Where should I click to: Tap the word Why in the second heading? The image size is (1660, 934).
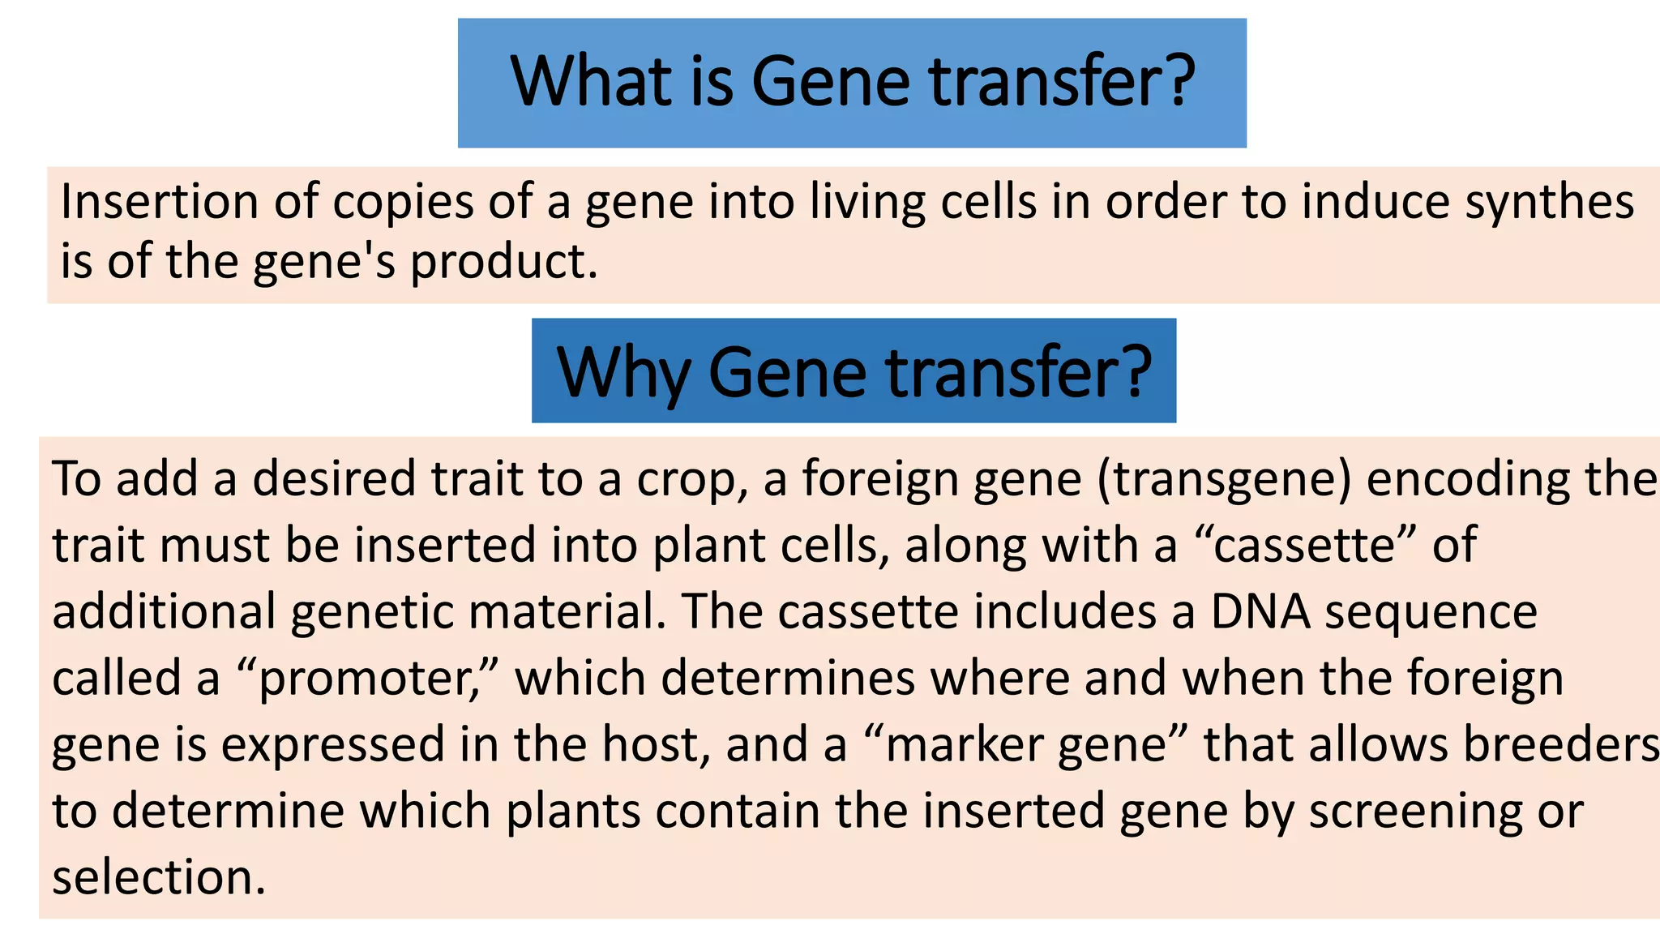622,373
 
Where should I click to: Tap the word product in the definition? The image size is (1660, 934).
503,263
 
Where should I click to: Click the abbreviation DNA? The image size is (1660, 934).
1260,611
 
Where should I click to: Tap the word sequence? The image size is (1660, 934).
1431,613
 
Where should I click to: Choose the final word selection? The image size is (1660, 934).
159,877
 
